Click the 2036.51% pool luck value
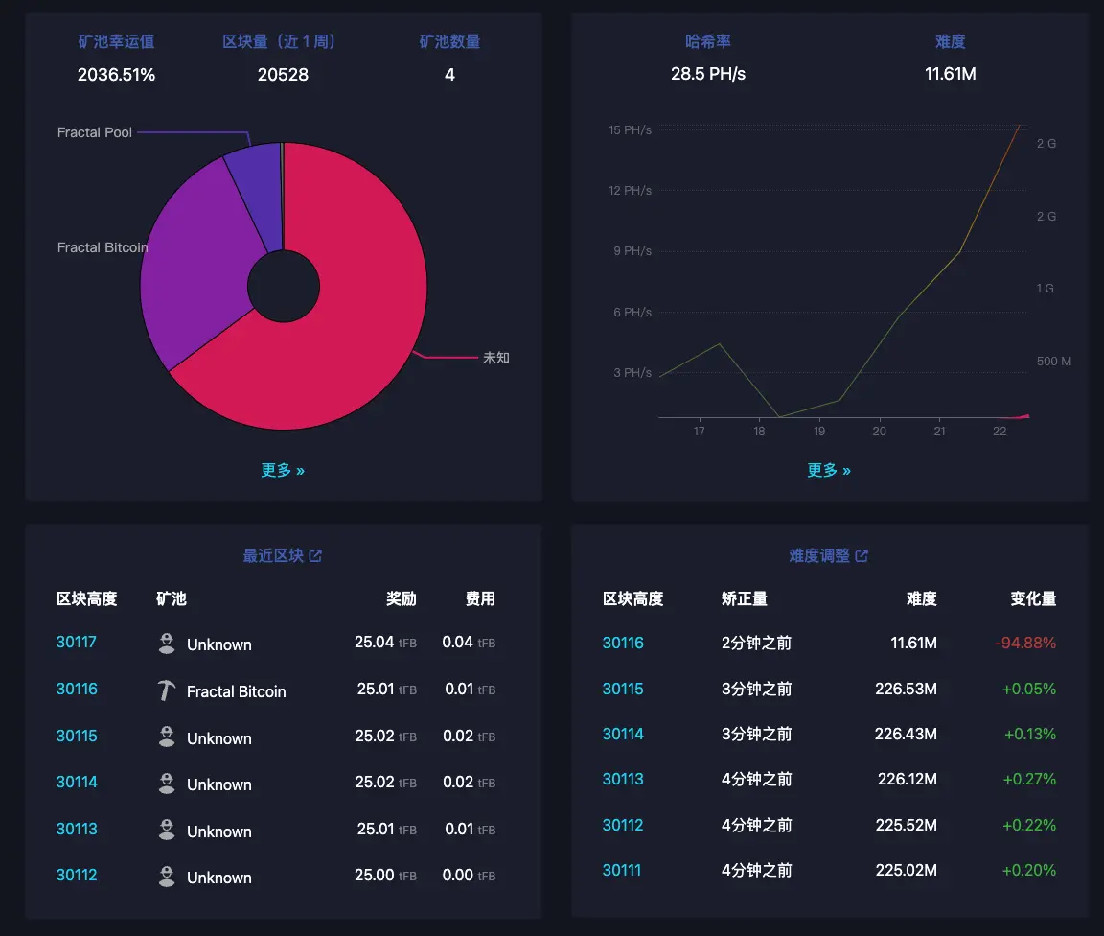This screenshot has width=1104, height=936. [x=116, y=74]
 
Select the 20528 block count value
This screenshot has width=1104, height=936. [x=283, y=74]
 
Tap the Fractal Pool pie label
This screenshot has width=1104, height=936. [x=95, y=132]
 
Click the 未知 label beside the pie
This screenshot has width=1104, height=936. [x=495, y=358]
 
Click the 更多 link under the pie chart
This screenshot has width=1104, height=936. [x=283, y=470]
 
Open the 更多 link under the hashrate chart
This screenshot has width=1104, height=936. [x=829, y=470]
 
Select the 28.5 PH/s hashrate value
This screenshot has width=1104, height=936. [x=708, y=74]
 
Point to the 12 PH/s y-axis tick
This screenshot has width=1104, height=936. [x=630, y=190]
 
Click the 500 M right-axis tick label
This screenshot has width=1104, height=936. [x=1053, y=361]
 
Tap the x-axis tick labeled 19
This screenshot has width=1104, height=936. [x=819, y=432]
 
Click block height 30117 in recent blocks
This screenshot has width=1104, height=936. [x=77, y=643]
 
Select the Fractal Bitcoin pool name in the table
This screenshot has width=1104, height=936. [x=236, y=691]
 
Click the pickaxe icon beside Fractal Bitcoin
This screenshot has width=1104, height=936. [x=167, y=690]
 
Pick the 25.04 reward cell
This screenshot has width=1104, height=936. [x=375, y=643]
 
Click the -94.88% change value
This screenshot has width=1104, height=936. [x=1025, y=643]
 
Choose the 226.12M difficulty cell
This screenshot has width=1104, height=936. [x=907, y=780]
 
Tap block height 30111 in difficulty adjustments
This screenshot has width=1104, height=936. [x=622, y=871]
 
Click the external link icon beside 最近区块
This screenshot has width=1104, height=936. [x=315, y=555]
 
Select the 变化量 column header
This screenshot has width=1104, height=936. [x=1033, y=598]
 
